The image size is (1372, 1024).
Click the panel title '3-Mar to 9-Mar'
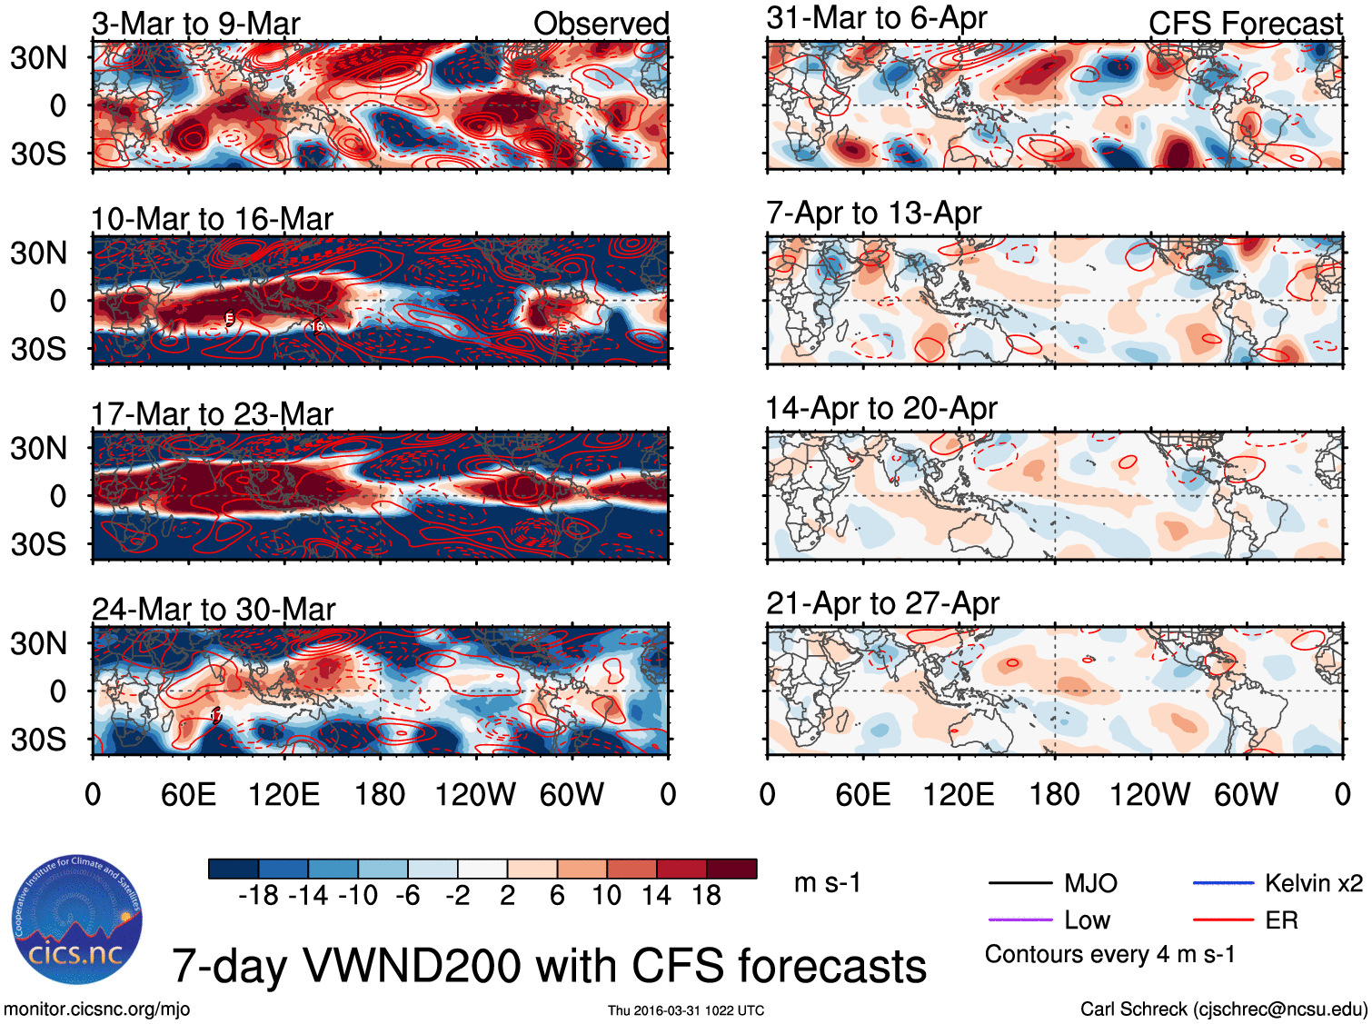pos(195,24)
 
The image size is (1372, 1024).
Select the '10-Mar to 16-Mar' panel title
pos(212,219)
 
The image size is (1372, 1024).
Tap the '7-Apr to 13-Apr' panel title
pos(873,213)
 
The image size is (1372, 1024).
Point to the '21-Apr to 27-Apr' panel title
pos(882,603)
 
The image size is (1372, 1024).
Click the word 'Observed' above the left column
pos(601,24)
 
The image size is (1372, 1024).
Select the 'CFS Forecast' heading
pos(1245,24)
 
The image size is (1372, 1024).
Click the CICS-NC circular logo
pos(77,920)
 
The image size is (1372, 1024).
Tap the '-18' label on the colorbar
pos(259,896)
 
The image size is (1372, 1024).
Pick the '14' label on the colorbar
pos(656,896)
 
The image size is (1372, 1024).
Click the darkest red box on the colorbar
pos(731,869)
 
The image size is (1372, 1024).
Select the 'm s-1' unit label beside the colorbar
pos(827,883)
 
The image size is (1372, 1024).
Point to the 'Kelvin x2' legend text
pos(1314,883)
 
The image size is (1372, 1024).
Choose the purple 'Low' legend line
pos(1019,920)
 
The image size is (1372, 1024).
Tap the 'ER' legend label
pos(1281,920)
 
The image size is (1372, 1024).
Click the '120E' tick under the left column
pos(283,795)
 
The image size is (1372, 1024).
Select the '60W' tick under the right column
pos(1246,795)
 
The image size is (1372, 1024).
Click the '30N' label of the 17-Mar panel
pos(39,449)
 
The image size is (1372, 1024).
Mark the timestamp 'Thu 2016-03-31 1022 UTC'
pos(686,1010)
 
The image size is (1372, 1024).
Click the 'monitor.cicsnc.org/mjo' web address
pos(97,1009)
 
